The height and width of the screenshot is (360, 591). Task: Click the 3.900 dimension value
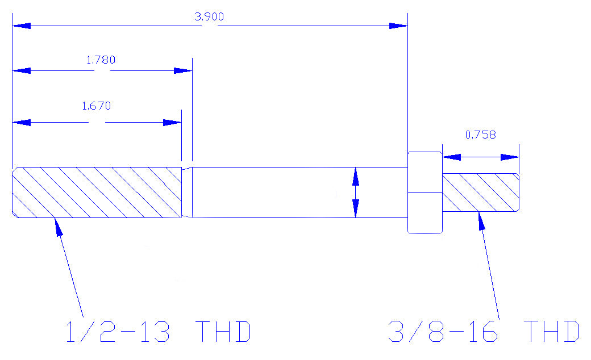[209, 16]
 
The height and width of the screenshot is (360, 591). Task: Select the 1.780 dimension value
[101, 60]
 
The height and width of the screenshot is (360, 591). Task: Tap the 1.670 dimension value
[97, 106]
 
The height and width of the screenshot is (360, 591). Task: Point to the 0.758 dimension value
[481, 135]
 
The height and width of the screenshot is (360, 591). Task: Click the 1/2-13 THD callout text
[159, 332]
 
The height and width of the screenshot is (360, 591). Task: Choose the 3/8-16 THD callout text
[484, 332]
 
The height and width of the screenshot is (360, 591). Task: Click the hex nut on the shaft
[425, 193]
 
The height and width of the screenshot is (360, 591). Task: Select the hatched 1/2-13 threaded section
[97, 192]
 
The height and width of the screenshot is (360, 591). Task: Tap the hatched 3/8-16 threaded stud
[481, 192]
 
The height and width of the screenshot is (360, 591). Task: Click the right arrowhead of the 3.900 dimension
[398, 26]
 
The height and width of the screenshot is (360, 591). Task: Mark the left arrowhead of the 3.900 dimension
[22, 26]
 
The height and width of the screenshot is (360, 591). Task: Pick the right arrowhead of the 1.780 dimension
[183, 71]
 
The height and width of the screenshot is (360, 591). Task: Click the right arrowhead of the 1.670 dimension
[172, 123]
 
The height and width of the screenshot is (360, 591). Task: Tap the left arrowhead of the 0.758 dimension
[452, 157]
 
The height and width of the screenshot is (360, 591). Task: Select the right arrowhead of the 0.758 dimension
[510, 157]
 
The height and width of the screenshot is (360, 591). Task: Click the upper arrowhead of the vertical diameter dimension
[355, 177]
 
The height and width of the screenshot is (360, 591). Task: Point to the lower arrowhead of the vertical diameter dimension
[355, 208]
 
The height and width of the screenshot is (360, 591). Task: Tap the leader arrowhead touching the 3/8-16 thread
[481, 221]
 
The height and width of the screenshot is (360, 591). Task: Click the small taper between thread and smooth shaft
[187, 192]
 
